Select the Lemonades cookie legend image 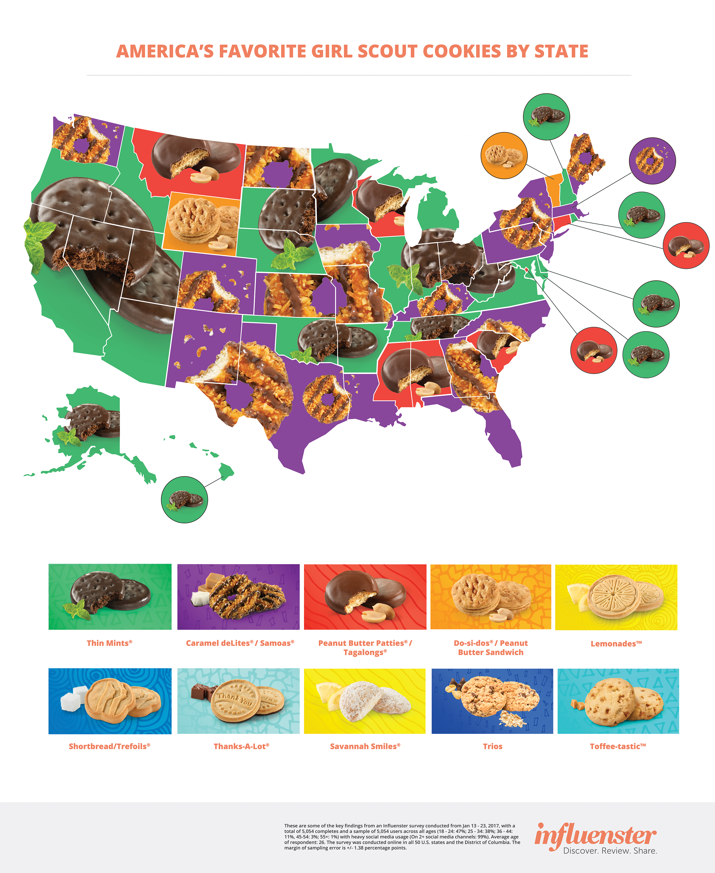616,597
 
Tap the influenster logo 595,837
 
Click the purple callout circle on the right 652,161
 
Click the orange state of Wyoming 202,223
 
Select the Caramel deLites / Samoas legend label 240,643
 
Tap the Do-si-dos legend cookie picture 490,597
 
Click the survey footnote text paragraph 401,837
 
